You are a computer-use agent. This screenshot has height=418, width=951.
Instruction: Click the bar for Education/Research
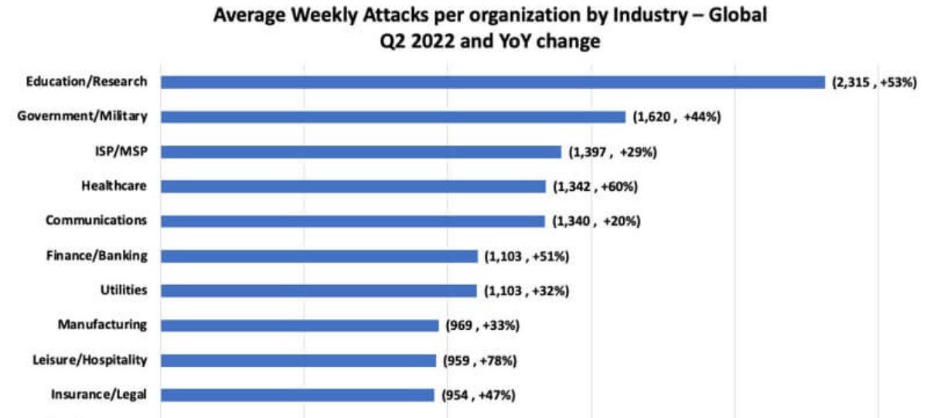click(x=493, y=82)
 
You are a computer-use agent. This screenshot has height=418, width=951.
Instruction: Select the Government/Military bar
click(x=393, y=117)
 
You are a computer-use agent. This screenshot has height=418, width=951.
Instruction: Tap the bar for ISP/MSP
click(x=361, y=151)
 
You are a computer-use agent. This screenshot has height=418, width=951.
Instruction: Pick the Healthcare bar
click(x=353, y=186)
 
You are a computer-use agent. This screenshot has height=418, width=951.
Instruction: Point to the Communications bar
click(x=353, y=221)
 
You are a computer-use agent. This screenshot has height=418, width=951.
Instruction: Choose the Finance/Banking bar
click(x=319, y=256)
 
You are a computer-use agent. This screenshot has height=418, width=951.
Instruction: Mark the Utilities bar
click(x=319, y=291)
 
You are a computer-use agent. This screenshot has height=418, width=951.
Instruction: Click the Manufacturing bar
click(x=300, y=325)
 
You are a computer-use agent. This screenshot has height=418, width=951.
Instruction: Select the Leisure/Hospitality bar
click(x=298, y=360)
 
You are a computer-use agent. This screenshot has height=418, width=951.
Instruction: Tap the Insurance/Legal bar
click(x=298, y=395)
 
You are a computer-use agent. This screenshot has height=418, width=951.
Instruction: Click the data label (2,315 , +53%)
click(x=874, y=82)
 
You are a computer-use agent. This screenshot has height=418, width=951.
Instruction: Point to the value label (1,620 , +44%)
click(x=677, y=117)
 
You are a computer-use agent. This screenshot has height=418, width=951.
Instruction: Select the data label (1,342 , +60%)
click(x=595, y=186)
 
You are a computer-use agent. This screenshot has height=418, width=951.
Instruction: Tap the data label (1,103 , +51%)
click(x=527, y=256)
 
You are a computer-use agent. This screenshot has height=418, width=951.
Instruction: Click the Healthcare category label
click(x=114, y=185)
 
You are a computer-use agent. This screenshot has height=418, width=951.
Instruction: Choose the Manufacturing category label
click(x=102, y=325)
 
